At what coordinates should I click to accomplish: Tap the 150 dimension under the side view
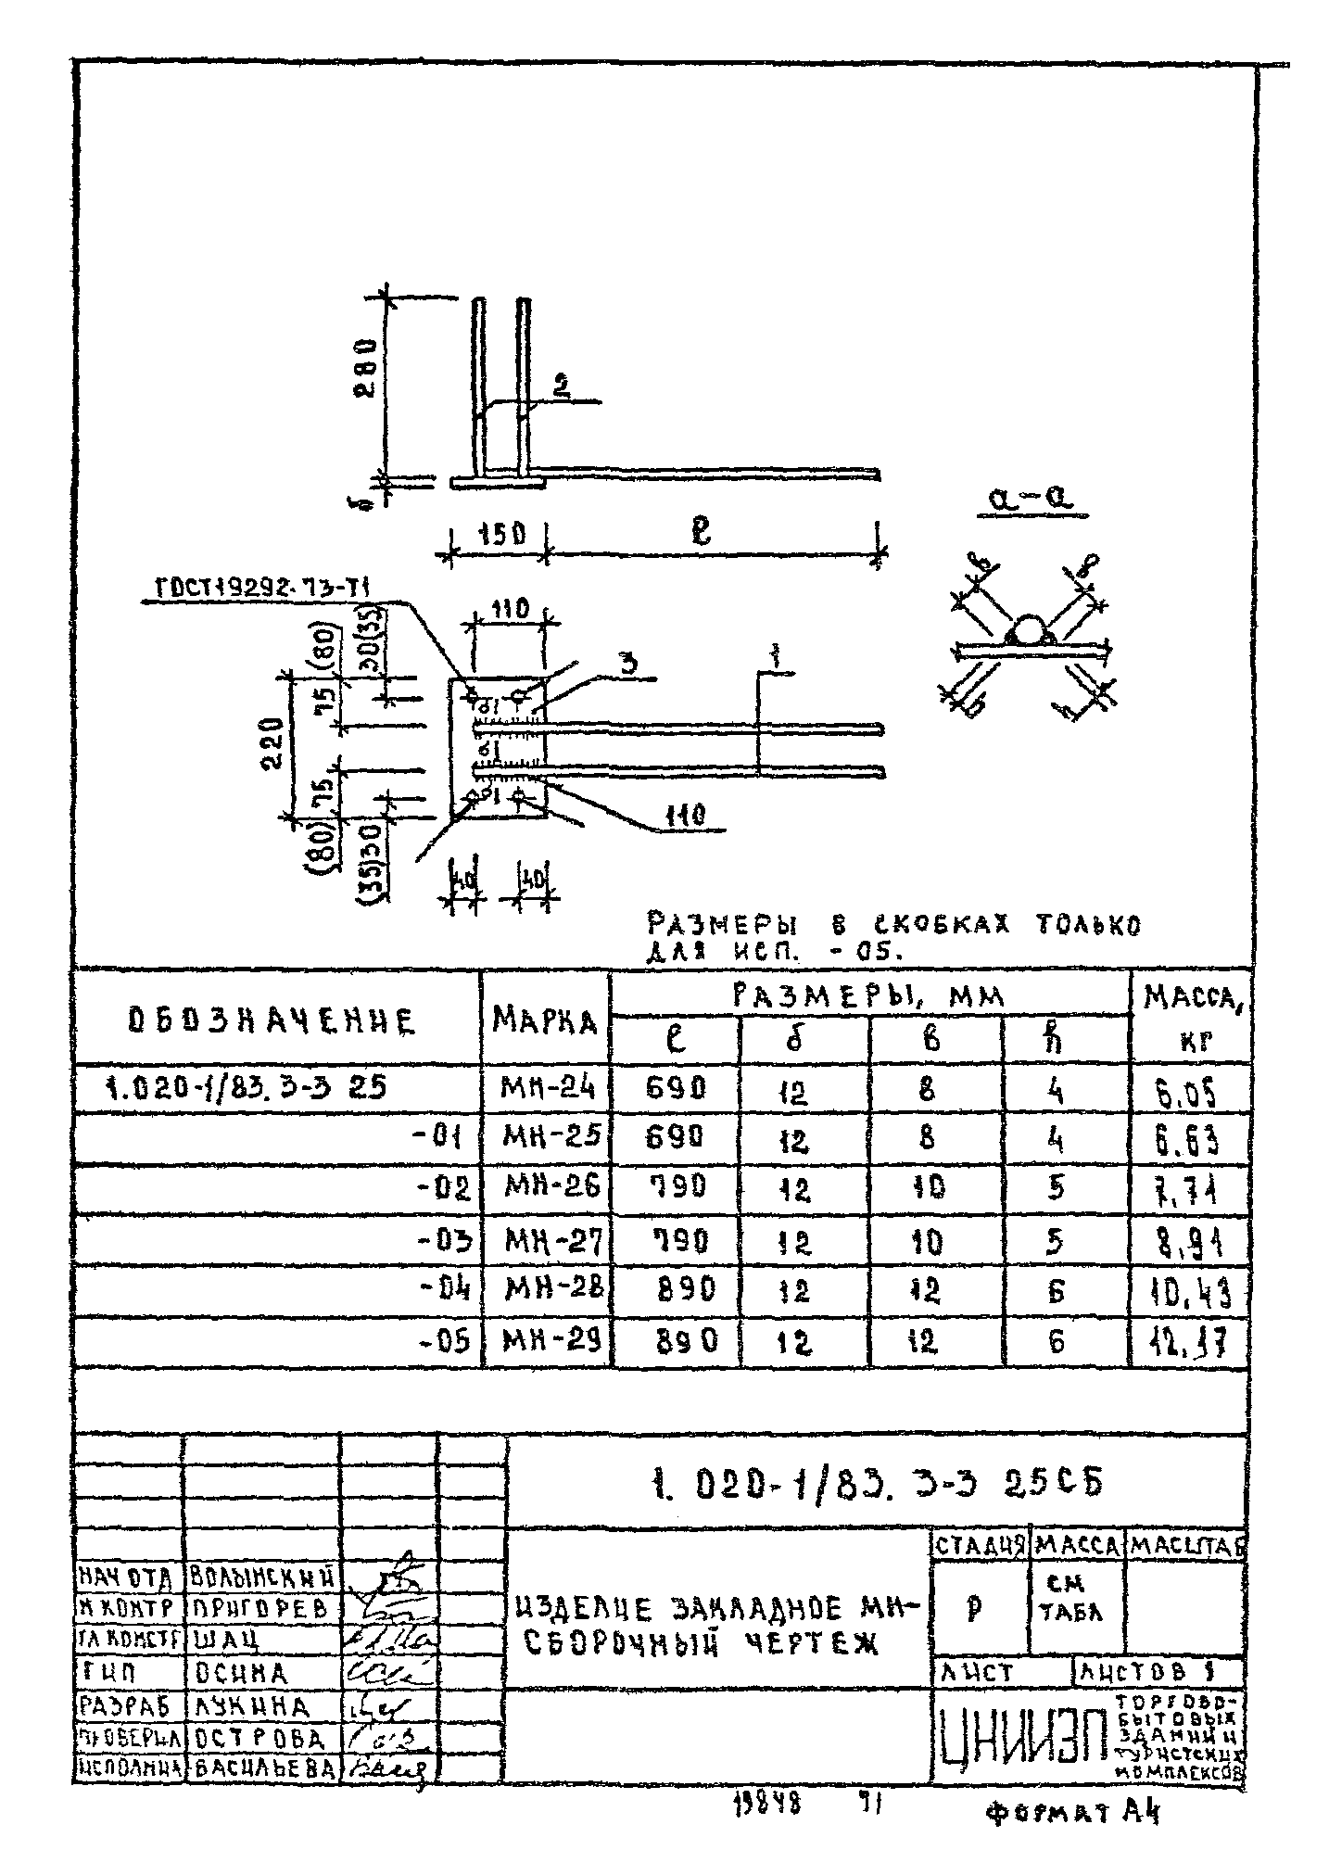coord(501,535)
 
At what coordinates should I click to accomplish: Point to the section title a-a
coord(1028,501)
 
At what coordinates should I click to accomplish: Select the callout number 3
coord(628,664)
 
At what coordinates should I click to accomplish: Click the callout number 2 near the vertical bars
coord(561,386)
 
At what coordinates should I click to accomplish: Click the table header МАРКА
coord(545,1020)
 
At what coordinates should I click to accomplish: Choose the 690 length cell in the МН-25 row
coord(676,1136)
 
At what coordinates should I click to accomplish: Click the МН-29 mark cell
coord(546,1341)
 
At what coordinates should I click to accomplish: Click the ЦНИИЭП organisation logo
coord(1021,1733)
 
